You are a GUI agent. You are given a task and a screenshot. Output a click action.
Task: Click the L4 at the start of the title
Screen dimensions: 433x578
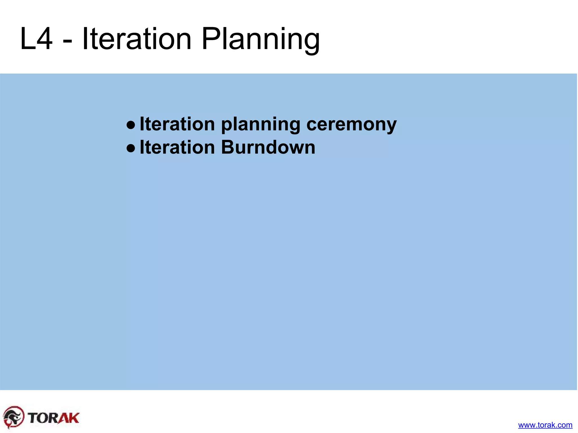[x=36, y=39]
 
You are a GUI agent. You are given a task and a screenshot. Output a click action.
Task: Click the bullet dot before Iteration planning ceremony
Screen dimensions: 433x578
[x=131, y=124]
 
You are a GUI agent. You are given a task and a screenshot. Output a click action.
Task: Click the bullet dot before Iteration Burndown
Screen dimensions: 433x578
[x=131, y=148]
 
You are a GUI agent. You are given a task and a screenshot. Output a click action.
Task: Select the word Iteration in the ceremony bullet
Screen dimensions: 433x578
[x=177, y=124]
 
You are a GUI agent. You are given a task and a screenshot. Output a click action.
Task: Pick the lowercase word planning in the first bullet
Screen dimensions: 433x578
[x=260, y=125]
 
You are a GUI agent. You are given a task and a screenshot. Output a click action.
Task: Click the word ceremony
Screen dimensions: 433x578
[x=351, y=125]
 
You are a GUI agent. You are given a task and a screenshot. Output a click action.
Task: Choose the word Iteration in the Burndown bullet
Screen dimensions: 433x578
[x=177, y=147]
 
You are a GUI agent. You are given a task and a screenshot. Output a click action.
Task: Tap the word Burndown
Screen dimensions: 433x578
[x=268, y=147]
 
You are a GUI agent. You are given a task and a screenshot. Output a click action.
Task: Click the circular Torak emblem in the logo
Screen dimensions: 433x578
[x=14, y=417]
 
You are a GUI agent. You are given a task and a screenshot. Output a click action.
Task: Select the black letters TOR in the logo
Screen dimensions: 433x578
[x=43, y=418]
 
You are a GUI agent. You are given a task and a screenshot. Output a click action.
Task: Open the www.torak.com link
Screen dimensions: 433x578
[x=545, y=425]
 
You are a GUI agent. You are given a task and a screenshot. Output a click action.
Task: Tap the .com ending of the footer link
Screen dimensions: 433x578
[x=564, y=425]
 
